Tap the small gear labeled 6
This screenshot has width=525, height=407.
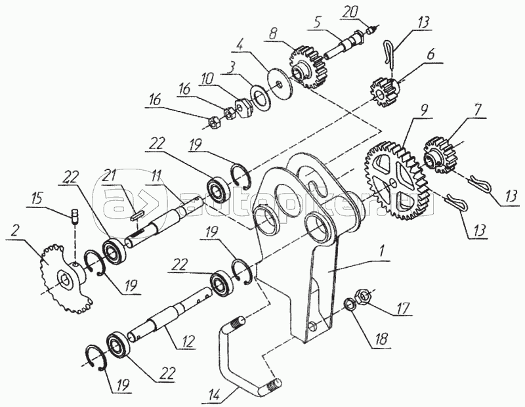coord(385,89)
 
